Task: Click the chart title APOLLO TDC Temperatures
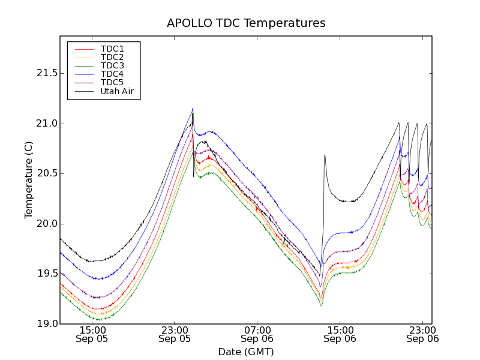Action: (x=246, y=23)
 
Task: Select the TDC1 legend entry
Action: (x=112, y=49)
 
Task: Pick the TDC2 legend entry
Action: (x=112, y=57)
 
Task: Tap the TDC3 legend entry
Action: (x=112, y=65)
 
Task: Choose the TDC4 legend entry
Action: (x=112, y=74)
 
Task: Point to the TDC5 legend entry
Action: (x=112, y=82)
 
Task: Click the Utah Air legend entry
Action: (x=117, y=91)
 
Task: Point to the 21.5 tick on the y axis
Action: (x=46, y=73)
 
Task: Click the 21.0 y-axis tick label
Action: (x=46, y=124)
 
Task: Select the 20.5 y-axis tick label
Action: (x=46, y=173)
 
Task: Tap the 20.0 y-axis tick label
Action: (x=46, y=224)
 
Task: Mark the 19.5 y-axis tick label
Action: (x=46, y=274)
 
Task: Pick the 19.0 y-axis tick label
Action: (x=46, y=324)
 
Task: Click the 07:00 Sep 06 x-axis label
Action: (x=257, y=334)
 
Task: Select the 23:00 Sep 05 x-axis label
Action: (x=175, y=334)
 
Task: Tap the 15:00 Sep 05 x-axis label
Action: (x=92, y=334)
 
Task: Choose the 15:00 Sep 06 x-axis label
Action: (x=340, y=334)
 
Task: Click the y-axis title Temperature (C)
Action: (x=29, y=179)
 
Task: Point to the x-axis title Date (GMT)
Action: (x=246, y=352)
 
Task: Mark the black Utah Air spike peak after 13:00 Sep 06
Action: (x=325, y=155)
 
